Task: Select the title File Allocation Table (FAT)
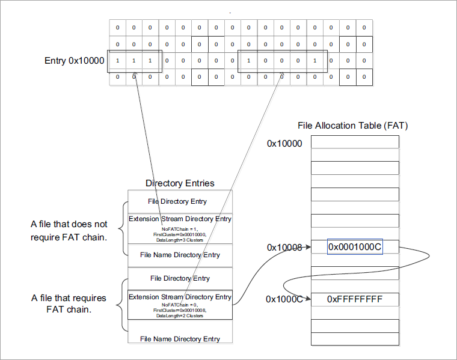pyautogui.click(x=354, y=126)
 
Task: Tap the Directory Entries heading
pyautogui.click(x=180, y=183)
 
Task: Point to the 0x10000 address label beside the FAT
pyautogui.click(x=284, y=144)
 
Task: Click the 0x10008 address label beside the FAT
pyautogui.click(x=284, y=247)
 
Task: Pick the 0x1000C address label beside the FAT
pyautogui.click(x=284, y=299)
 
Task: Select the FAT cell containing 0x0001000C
pyautogui.click(x=355, y=247)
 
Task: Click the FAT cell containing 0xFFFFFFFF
pyautogui.click(x=355, y=299)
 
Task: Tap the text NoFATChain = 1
pyautogui.click(x=180, y=228)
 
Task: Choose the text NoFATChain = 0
pyautogui.click(x=180, y=305)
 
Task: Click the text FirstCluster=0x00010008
pyautogui.click(x=180, y=311)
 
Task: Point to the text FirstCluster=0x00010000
pyautogui.click(x=180, y=234)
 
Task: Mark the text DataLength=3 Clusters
pyautogui.click(x=180, y=240)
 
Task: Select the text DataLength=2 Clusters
pyautogui.click(x=180, y=316)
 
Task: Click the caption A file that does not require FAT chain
pyautogui.click(x=69, y=230)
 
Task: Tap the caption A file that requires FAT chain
pyautogui.click(x=69, y=304)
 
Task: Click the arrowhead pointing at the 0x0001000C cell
pyautogui.click(x=307, y=247)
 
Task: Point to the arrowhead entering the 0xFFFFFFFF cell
pyautogui.click(x=307, y=299)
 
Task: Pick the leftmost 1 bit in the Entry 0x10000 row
pyautogui.click(x=117, y=61)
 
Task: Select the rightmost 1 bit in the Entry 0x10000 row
pyautogui.click(x=314, y=61)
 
